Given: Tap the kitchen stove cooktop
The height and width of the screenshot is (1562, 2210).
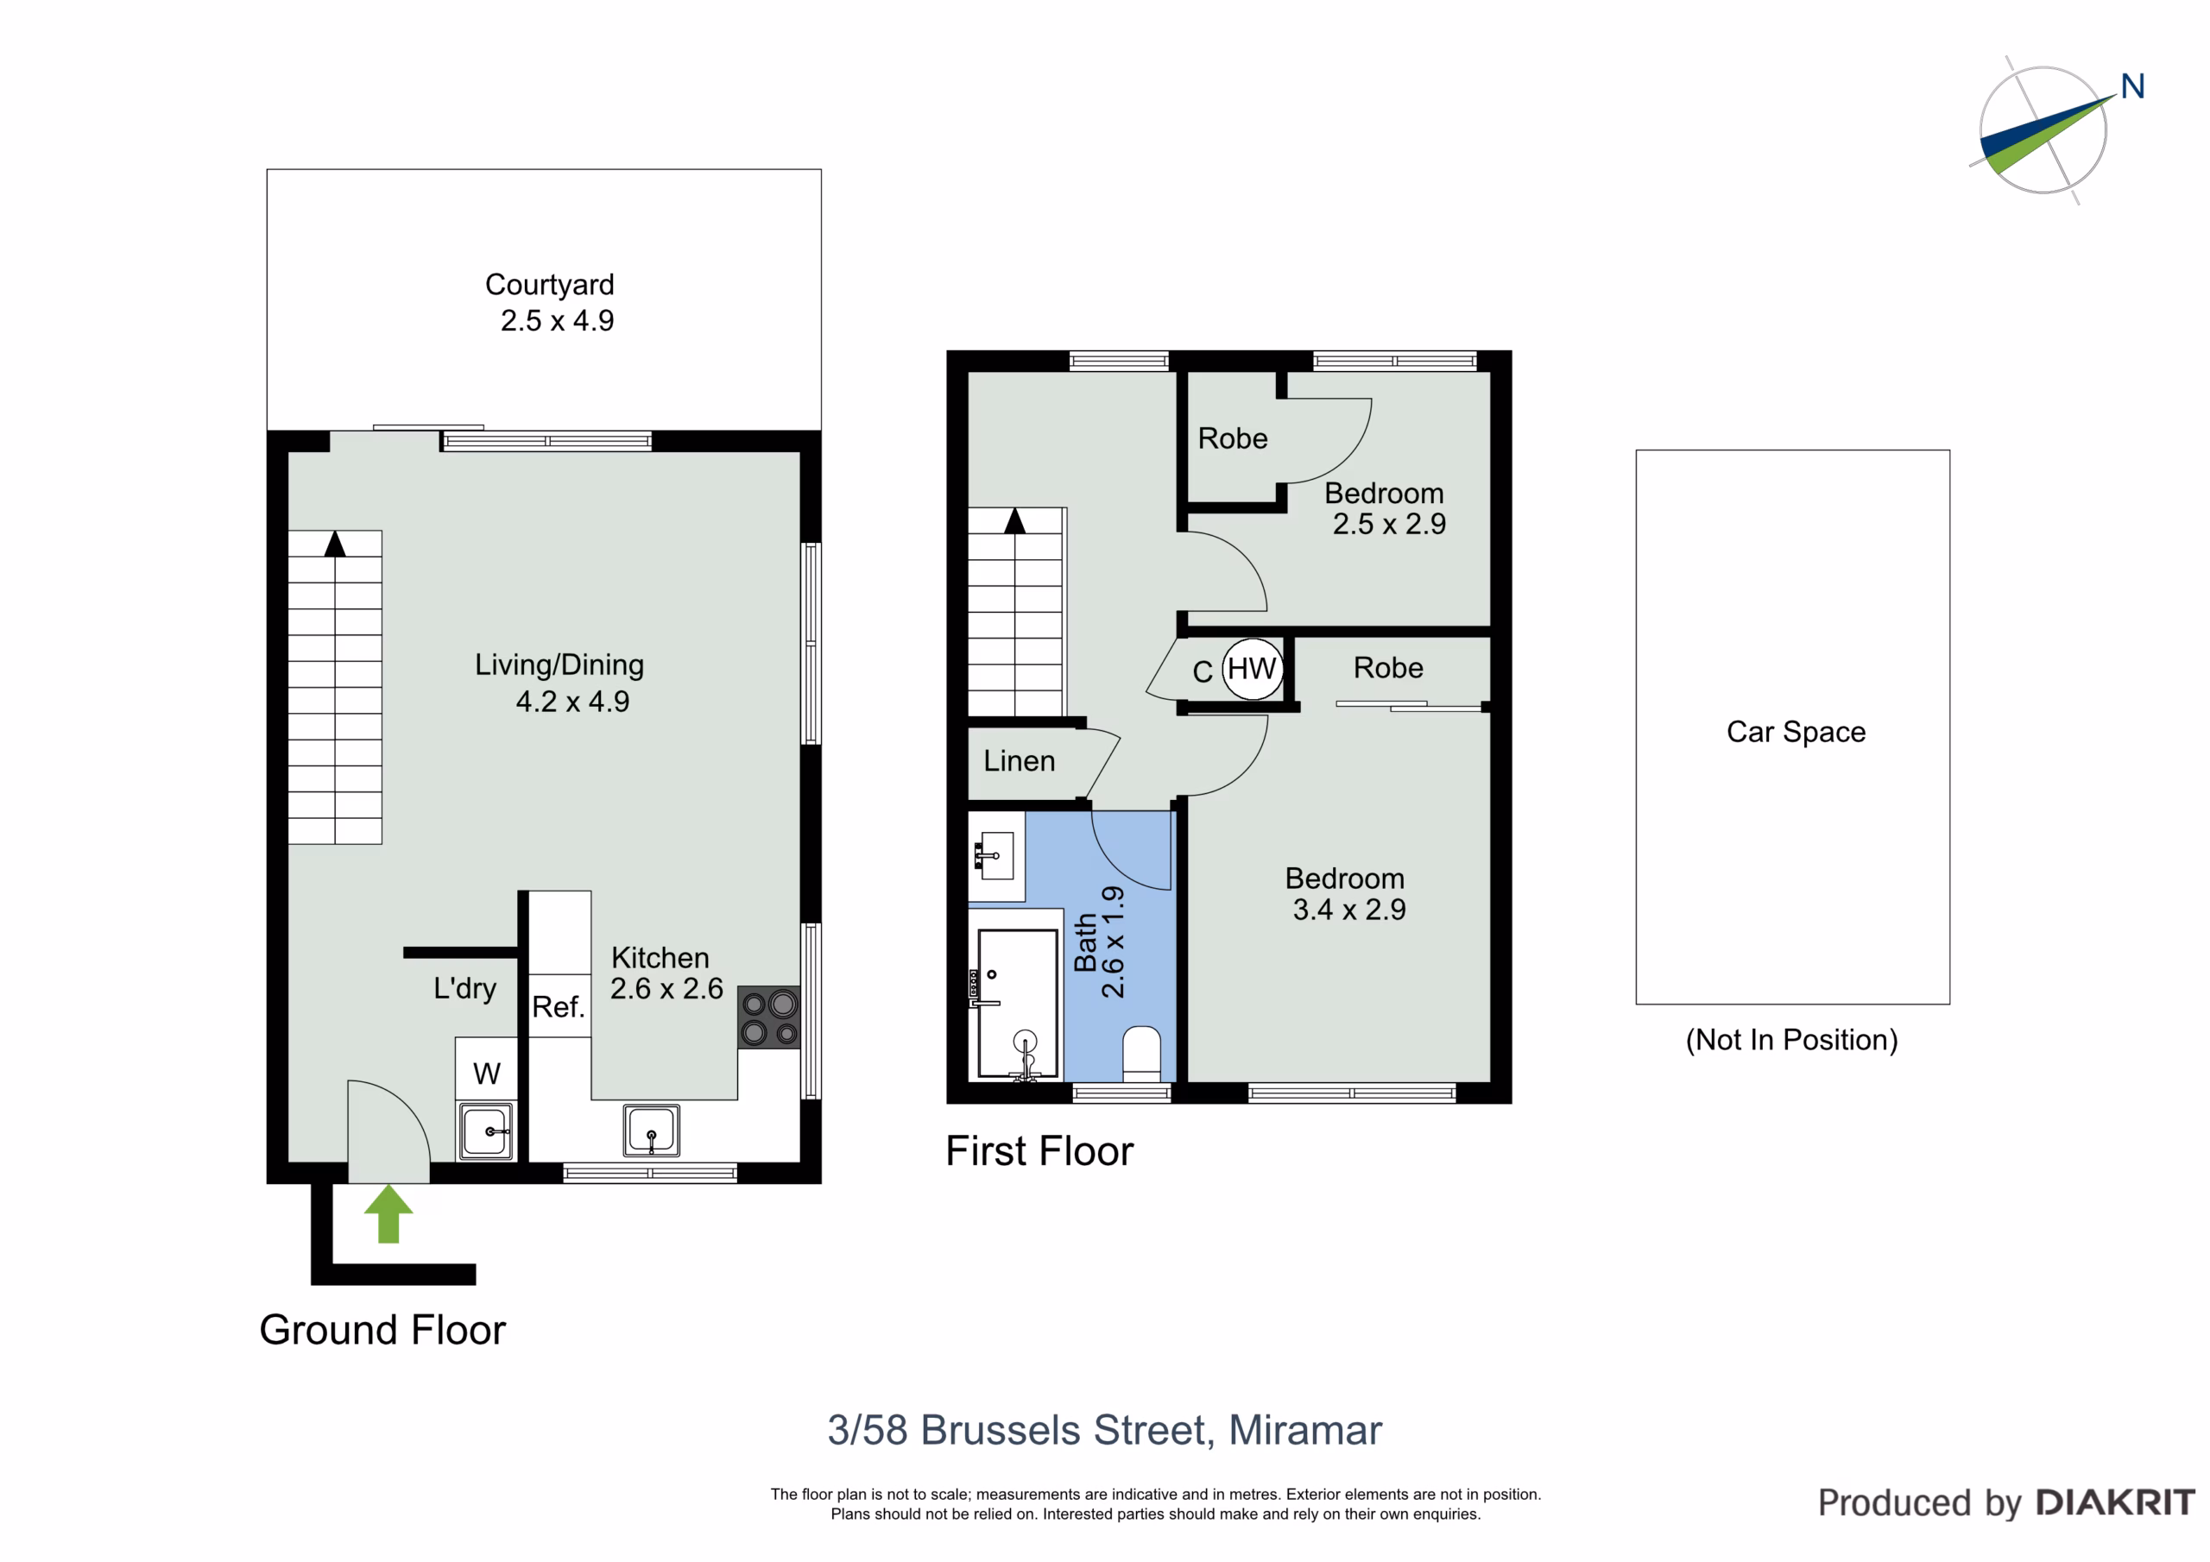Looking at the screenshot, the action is point(769,1017).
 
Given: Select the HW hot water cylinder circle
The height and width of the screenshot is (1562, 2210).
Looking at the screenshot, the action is point(1253,668).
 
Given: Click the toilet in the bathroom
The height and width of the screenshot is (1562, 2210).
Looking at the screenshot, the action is point(1141,1054).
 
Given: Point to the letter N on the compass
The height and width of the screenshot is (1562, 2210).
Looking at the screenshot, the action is point(2132,86).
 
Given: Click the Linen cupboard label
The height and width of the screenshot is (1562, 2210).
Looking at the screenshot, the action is point(1020,761).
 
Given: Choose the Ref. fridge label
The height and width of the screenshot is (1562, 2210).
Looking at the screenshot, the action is point(559,1007).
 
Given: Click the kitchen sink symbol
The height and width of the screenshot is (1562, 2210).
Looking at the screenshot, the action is point(651,1130).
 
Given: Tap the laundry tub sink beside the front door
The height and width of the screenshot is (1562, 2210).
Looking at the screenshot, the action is point(486,1131).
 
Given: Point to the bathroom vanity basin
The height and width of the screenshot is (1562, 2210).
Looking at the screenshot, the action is point(996,855).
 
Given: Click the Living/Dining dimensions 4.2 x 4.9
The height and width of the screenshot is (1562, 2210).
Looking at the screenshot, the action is point(572,702).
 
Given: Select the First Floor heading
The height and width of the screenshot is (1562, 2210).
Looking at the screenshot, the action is point(1039,1151).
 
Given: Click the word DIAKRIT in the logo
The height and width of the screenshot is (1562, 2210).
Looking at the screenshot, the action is point(2115,1502).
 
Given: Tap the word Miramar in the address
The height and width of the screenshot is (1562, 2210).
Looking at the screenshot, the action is point(1305,1430).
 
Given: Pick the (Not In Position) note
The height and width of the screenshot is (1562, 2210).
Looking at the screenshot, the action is point(1791,1041).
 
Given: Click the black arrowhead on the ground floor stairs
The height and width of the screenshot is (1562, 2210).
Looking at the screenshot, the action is point(335,544).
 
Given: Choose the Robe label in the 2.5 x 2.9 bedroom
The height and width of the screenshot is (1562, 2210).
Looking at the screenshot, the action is point(1233,439).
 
